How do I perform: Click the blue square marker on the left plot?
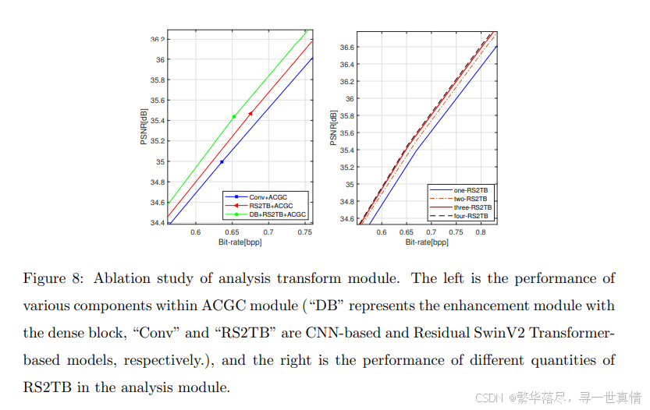(x=222, y=162)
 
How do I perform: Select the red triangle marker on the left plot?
(x=250, y=114)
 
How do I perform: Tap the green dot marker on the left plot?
(x=234, y=117)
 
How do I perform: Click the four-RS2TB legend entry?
(x=471, y=216)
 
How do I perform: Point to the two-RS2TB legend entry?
(x=471, y=199)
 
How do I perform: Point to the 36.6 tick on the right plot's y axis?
(x=345, y=48)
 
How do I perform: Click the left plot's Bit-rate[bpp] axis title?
(x=240, y=242)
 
